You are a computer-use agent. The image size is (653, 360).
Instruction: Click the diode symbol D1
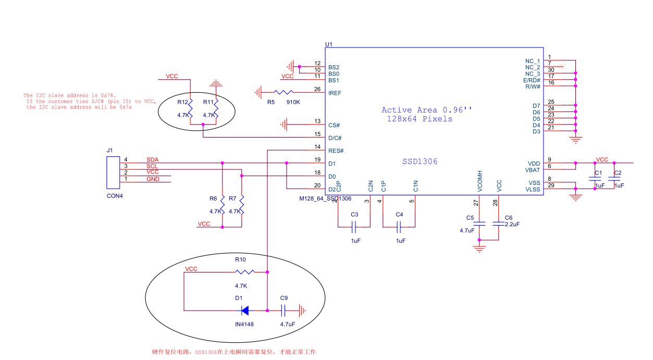(x=245, y=311)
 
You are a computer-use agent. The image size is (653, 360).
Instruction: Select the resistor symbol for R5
(x=284, y=92)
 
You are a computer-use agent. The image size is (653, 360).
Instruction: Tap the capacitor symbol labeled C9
(x=283, y=311)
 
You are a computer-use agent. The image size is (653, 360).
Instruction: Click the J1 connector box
(x=113, y=172)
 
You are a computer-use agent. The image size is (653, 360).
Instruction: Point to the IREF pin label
(x=335, y=93)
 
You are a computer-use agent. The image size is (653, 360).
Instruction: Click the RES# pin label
(x=336, y=151)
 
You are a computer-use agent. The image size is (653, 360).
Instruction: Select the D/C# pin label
(x=335, y=138)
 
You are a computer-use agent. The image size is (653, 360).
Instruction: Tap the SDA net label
(x=152, y=159)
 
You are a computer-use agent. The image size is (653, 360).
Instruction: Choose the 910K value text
(x=293, y=102)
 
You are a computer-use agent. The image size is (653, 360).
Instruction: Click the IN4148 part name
(x=244, y=324)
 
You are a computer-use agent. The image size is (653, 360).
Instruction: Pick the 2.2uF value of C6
(x=512, y=224)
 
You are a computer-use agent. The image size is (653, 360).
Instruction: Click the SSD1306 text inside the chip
(x=420, y=162)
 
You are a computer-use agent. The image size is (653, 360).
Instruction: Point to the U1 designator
(x=328, y=44)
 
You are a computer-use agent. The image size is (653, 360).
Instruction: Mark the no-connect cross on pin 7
(x=563, y=67)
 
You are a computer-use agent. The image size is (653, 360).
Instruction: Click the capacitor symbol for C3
(x=354, y=227)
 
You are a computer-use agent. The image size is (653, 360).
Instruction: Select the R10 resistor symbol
(x=245, y=272)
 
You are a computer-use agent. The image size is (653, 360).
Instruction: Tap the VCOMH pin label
(x=480, y=181)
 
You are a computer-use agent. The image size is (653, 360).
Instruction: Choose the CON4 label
(x=115, y=196)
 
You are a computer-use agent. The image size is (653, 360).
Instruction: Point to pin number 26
(x=317, y=89)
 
